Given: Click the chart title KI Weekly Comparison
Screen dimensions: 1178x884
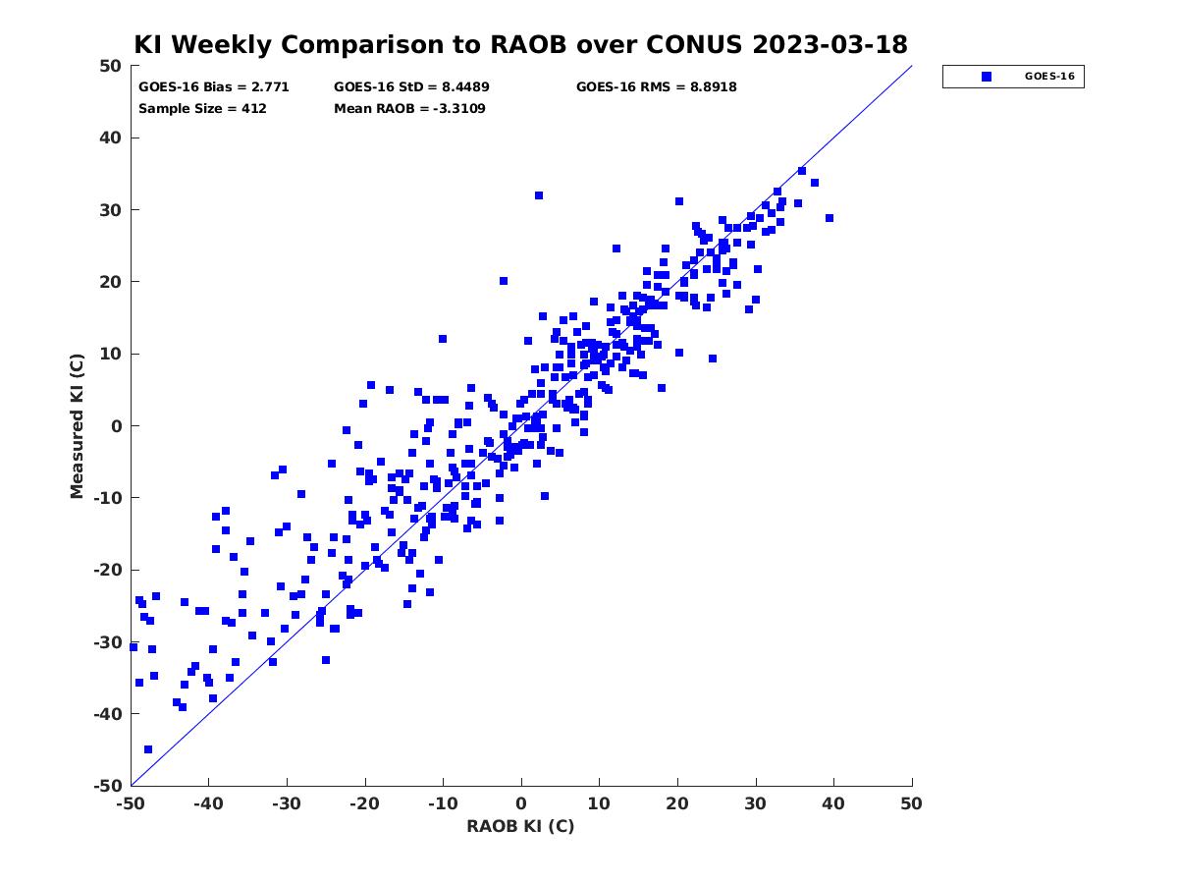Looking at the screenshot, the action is (x=520, y=44).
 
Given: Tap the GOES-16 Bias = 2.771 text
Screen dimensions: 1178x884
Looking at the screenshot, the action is (x=214, y=87).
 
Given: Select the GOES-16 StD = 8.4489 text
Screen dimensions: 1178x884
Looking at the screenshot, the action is (x=411, y=87).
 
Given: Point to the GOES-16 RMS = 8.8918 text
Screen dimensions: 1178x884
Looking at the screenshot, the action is (x=656, y=87).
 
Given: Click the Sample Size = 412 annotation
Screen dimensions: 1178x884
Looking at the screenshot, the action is (x=202, y=108).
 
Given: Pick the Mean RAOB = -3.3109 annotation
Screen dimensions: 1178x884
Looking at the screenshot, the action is (x=409, y=108).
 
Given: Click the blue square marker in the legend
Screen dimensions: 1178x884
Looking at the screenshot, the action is (x=986, y=77).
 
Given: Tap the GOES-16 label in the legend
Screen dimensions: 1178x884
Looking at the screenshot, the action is (x=1049, y=77).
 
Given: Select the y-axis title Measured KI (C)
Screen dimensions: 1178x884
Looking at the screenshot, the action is (x=77, y=425).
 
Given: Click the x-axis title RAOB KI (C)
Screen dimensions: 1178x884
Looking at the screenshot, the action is (x=520, y=826).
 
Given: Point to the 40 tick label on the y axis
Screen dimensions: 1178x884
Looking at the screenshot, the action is (x=111, y=138).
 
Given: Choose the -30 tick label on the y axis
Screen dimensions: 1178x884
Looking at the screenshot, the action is (x=108, y=642).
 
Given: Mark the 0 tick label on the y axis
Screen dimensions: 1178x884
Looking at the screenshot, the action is (x=117, y=426).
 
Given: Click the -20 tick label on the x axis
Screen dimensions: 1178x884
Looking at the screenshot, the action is (x=364, y=803).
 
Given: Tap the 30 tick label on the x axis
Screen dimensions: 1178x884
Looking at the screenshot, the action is (x=755, y=803).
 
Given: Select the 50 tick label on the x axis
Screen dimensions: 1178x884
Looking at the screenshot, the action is (x=911, y=803).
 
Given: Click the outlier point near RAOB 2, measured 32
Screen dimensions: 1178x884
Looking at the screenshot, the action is (x=538, y=195).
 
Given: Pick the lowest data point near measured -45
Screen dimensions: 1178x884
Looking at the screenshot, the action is (x=148, y=749).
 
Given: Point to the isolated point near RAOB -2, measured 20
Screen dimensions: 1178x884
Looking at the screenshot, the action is (x=504, y=281).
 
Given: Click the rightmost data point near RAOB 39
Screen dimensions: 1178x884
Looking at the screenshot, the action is (x=830, y=218).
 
